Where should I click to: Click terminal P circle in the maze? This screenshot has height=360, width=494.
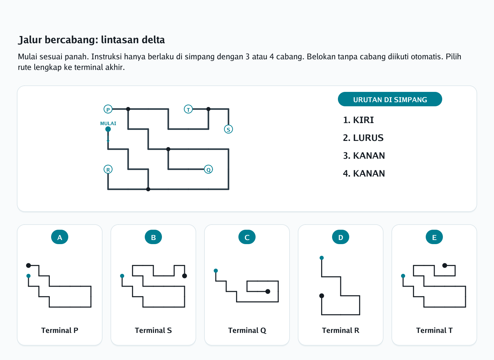click(108, 109)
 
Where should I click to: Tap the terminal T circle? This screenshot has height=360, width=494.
click(188, 109)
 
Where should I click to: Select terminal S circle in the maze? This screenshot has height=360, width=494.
click(228, 129)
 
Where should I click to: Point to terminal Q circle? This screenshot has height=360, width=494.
click(209, 169)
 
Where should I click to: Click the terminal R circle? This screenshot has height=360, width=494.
click(108, 169)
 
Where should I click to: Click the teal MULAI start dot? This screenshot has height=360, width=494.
click(108, 129)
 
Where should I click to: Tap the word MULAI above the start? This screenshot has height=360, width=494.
click(108, 123)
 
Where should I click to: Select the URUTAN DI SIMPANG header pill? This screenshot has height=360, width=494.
click(390, 99)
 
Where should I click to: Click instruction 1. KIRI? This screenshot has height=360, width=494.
click(358, 120)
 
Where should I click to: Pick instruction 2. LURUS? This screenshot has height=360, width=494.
click(363, 138)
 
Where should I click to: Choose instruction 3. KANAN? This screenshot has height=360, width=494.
click(364, 156)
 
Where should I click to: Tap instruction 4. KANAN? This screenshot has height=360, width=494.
click(364, 173)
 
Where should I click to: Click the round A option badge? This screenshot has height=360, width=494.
click(60, 237)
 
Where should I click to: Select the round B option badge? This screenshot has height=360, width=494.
click(153, 237)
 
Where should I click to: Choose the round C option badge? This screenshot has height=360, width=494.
click(247, 237)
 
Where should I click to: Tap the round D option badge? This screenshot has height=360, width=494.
click(341, 237)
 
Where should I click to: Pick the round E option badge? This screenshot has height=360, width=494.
click(434, 237)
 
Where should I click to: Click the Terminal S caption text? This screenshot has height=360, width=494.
click(153, 331)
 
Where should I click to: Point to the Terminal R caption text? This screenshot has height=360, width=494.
click(341, 331)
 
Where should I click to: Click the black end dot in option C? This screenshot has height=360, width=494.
click(268, 291)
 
